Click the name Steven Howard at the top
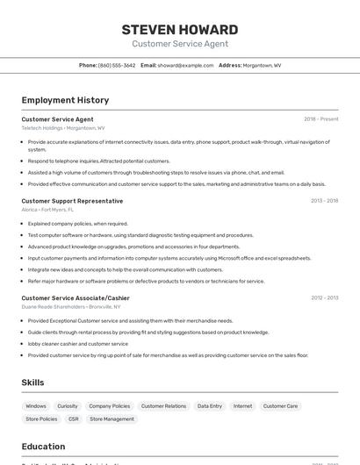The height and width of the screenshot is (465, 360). (179, 30)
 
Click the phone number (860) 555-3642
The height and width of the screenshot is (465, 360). (117, 65)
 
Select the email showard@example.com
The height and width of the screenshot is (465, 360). (186, 65)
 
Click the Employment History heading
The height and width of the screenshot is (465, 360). (65, 100)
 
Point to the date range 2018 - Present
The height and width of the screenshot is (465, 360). (320, 119)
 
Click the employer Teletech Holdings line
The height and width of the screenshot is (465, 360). (62, 128)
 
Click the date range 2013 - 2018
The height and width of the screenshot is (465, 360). (324, 201)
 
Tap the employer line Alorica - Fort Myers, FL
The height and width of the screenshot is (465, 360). (47, 210)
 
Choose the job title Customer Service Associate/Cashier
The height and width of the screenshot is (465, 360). (76, 297)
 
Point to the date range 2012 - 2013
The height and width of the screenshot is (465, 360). (324, 297)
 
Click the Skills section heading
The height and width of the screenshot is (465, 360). (33, 383)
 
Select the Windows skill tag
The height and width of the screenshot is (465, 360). (36, 406)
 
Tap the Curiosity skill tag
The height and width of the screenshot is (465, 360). (68, 406)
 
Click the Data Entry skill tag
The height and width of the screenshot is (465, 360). (210, 406)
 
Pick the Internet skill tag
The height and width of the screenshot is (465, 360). (242, 406)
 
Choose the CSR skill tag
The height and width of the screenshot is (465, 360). (73, 419)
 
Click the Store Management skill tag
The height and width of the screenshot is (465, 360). (112, 419)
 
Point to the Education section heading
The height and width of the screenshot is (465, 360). (43, 447)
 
